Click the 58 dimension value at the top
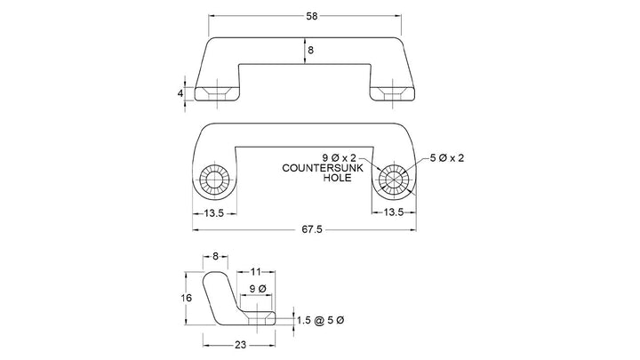pyautogui.click(x=311, y=16)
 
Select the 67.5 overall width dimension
pyautogui.click(x=312, y=230)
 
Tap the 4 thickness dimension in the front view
pyautogui.click(x=180, y=93)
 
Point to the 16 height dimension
pyautogui.click(x=186, y=298)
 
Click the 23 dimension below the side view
pyautogui.click(x=240, y=345)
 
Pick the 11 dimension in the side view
pyautogui.click(x=255, y=272)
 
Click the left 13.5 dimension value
pyautogui.click(x=214, y=213)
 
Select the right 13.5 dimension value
pyautogui.click(x=394, y=212)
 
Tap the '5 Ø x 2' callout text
pyautogui.click(x=447, y=158)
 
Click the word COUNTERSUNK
pyautogui.click(x=323, y=168)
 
